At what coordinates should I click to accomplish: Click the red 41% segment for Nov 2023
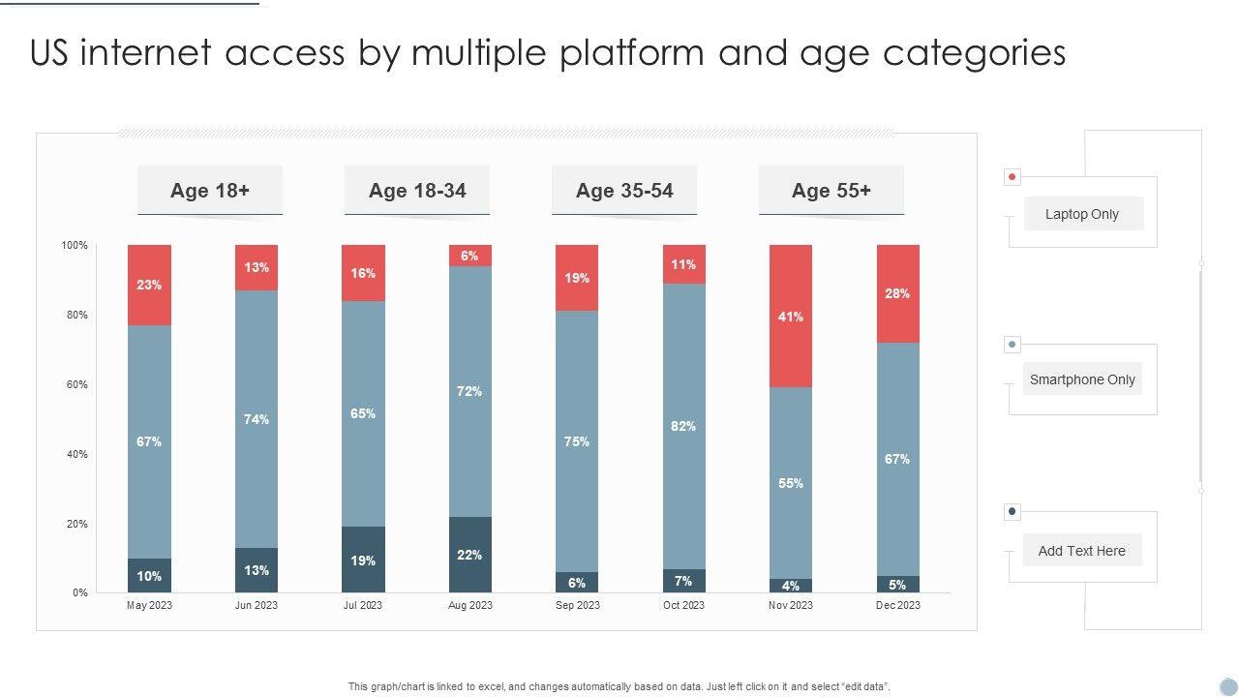[x=791, y=317]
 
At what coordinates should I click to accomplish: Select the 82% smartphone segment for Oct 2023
[x=684, y=426]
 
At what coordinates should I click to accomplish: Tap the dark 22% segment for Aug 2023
[x=470, y=555]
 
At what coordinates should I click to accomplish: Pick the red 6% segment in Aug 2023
[x=470, y=256]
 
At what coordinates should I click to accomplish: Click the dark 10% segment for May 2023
[x=149, y=576]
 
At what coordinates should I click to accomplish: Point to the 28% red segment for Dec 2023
[x=897, y=293]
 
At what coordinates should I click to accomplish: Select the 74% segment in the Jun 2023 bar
[x=257, y=419]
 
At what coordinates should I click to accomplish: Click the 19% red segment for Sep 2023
[x=577, y=278]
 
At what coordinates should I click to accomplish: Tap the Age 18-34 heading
[x=417, y=191]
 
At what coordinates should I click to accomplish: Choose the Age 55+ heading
[x=831, y=191]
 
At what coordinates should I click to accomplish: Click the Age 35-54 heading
[x=624, y=191]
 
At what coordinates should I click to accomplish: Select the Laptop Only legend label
[x=1082, y=214]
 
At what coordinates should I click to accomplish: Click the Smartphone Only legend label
[x=1082, y=379]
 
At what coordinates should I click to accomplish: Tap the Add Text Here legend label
[x=1082, y=551]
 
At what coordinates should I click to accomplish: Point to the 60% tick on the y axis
[x=76, y=384]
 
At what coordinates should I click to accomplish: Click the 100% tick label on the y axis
[x=75, y=246]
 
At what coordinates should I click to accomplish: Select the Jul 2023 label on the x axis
[x=363, y=605]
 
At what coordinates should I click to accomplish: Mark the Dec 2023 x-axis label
[x=898, y=605]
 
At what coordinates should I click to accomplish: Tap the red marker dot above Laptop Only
[x=1012, y=177]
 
